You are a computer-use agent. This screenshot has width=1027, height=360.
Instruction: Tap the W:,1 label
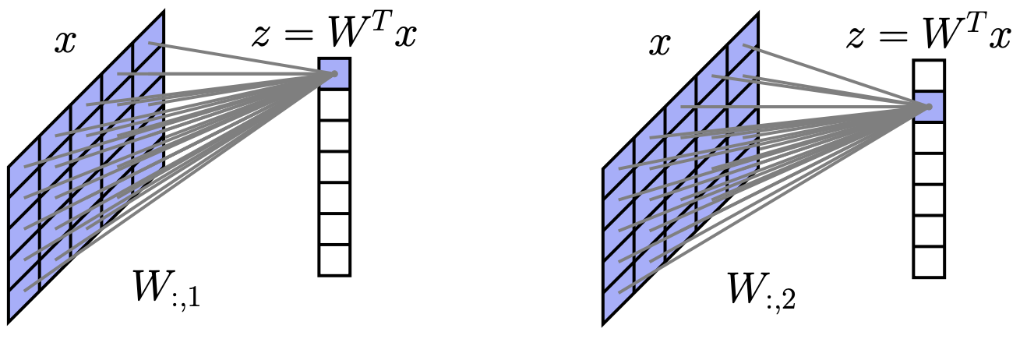point(166,290)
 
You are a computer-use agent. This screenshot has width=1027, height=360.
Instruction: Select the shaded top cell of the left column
point(334,74)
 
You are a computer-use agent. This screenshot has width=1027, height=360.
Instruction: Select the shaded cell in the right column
point(929,107)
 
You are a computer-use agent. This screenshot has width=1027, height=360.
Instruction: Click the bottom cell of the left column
point(334,259)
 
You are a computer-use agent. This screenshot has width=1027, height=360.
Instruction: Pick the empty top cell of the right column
point(929,76)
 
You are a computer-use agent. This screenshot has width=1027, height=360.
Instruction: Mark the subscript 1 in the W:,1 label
point(193,298)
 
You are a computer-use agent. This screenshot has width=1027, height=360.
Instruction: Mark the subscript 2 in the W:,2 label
point(789,299)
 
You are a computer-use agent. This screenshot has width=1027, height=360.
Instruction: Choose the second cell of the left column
point(334,105)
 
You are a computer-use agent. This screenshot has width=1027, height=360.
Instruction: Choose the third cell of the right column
point(929,138)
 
